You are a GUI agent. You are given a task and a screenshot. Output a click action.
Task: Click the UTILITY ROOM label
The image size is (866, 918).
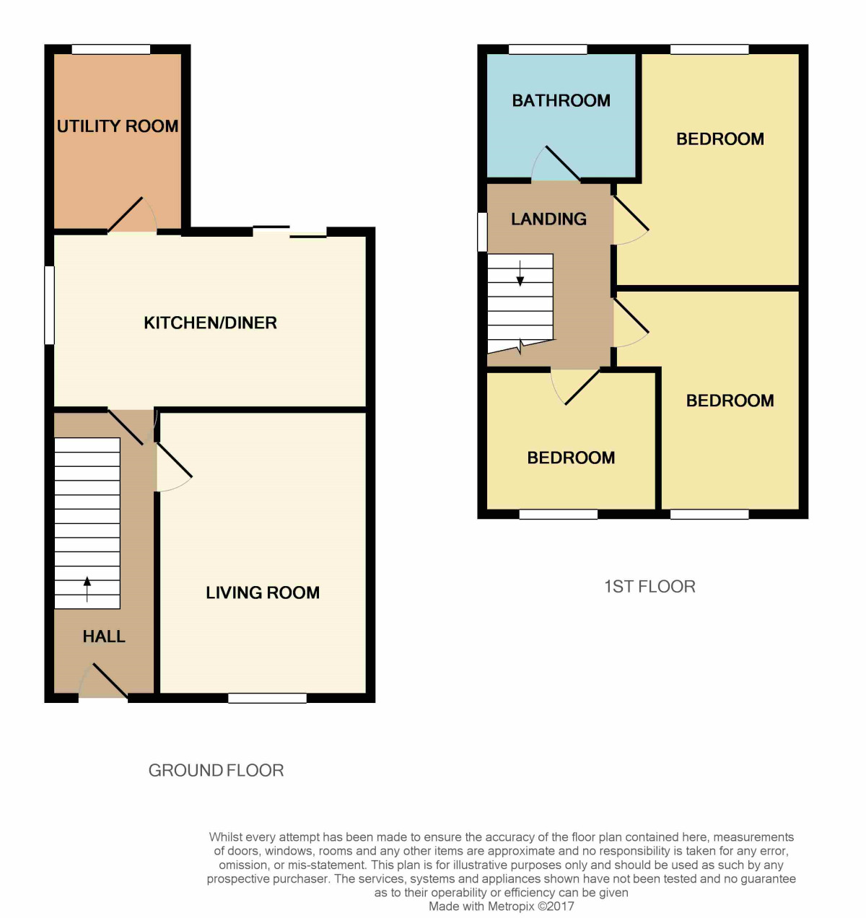118,126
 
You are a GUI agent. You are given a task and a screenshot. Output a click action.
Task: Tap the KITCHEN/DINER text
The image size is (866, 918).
210,323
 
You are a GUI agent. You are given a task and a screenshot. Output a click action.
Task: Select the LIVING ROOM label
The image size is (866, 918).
263,593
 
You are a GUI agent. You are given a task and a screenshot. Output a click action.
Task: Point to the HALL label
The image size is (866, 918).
104,637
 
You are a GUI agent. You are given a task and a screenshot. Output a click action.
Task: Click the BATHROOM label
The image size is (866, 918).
561,100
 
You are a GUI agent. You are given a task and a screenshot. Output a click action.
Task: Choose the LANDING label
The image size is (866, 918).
548,219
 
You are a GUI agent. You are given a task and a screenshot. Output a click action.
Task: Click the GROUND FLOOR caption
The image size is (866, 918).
216,770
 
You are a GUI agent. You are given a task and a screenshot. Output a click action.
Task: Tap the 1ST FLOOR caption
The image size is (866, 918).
649,586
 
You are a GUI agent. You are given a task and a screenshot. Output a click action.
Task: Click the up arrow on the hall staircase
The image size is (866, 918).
87,588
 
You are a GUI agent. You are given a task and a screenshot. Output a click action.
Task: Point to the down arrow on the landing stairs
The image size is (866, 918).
520,274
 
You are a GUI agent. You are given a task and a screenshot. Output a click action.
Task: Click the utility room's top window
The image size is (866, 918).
111,49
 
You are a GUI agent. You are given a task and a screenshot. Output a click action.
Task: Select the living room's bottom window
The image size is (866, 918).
267,698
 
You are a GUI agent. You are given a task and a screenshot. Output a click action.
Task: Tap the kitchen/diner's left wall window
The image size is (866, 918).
49,305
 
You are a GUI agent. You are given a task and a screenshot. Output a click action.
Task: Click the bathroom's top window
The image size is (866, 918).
547,49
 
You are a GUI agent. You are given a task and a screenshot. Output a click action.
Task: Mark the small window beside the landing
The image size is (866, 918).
482,232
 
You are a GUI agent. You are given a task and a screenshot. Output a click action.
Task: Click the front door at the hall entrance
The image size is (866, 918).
104,683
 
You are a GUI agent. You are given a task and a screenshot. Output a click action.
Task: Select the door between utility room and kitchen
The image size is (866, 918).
132,217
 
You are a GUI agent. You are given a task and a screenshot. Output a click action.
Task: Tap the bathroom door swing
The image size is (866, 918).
555,165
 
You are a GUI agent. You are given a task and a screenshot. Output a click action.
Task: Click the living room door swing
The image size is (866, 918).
173,468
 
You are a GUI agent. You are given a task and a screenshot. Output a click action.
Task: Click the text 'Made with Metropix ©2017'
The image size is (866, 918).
502,906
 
